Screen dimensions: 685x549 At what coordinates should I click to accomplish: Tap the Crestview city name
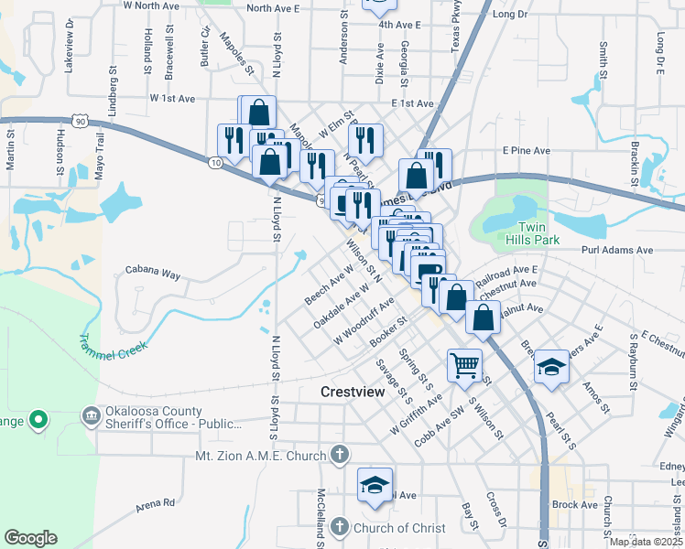point(356,392)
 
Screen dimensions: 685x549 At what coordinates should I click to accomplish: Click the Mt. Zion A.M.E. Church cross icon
point(340,455)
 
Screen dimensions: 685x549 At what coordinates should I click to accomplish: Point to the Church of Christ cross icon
point(340,527)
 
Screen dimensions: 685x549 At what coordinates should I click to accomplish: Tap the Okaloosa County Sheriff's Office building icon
point(92,416)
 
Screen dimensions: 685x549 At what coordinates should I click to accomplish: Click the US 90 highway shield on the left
point(82,122)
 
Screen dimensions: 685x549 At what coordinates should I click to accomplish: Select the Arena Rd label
point(156,503)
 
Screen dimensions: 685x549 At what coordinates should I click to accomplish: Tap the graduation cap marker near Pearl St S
point(551,367)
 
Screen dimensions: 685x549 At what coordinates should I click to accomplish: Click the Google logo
point(31,538)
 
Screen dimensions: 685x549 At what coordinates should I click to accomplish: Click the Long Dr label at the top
point(510,15)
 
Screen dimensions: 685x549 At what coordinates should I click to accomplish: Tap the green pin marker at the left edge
point(38,421)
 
